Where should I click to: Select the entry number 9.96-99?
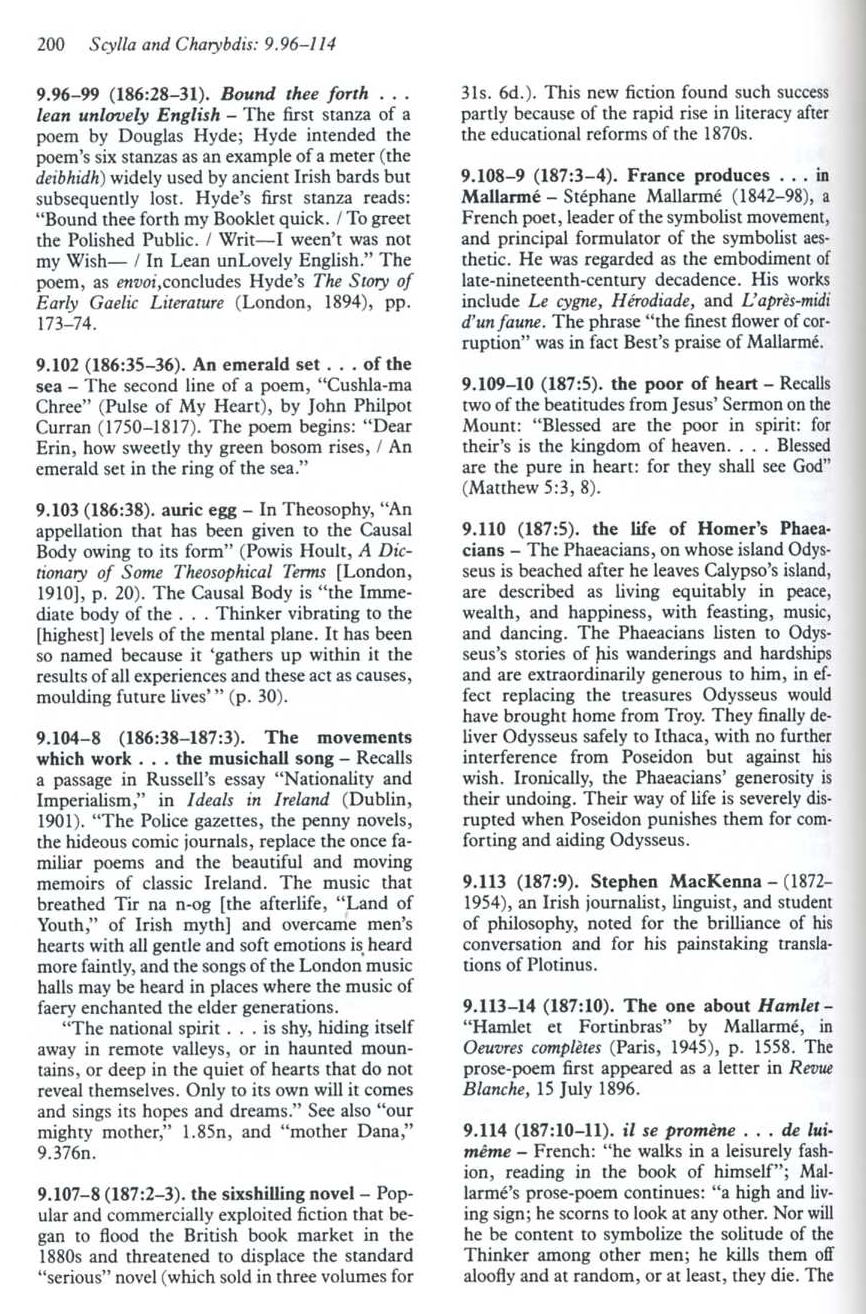pos(65,99)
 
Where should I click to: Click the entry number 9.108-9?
pos(499,176)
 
